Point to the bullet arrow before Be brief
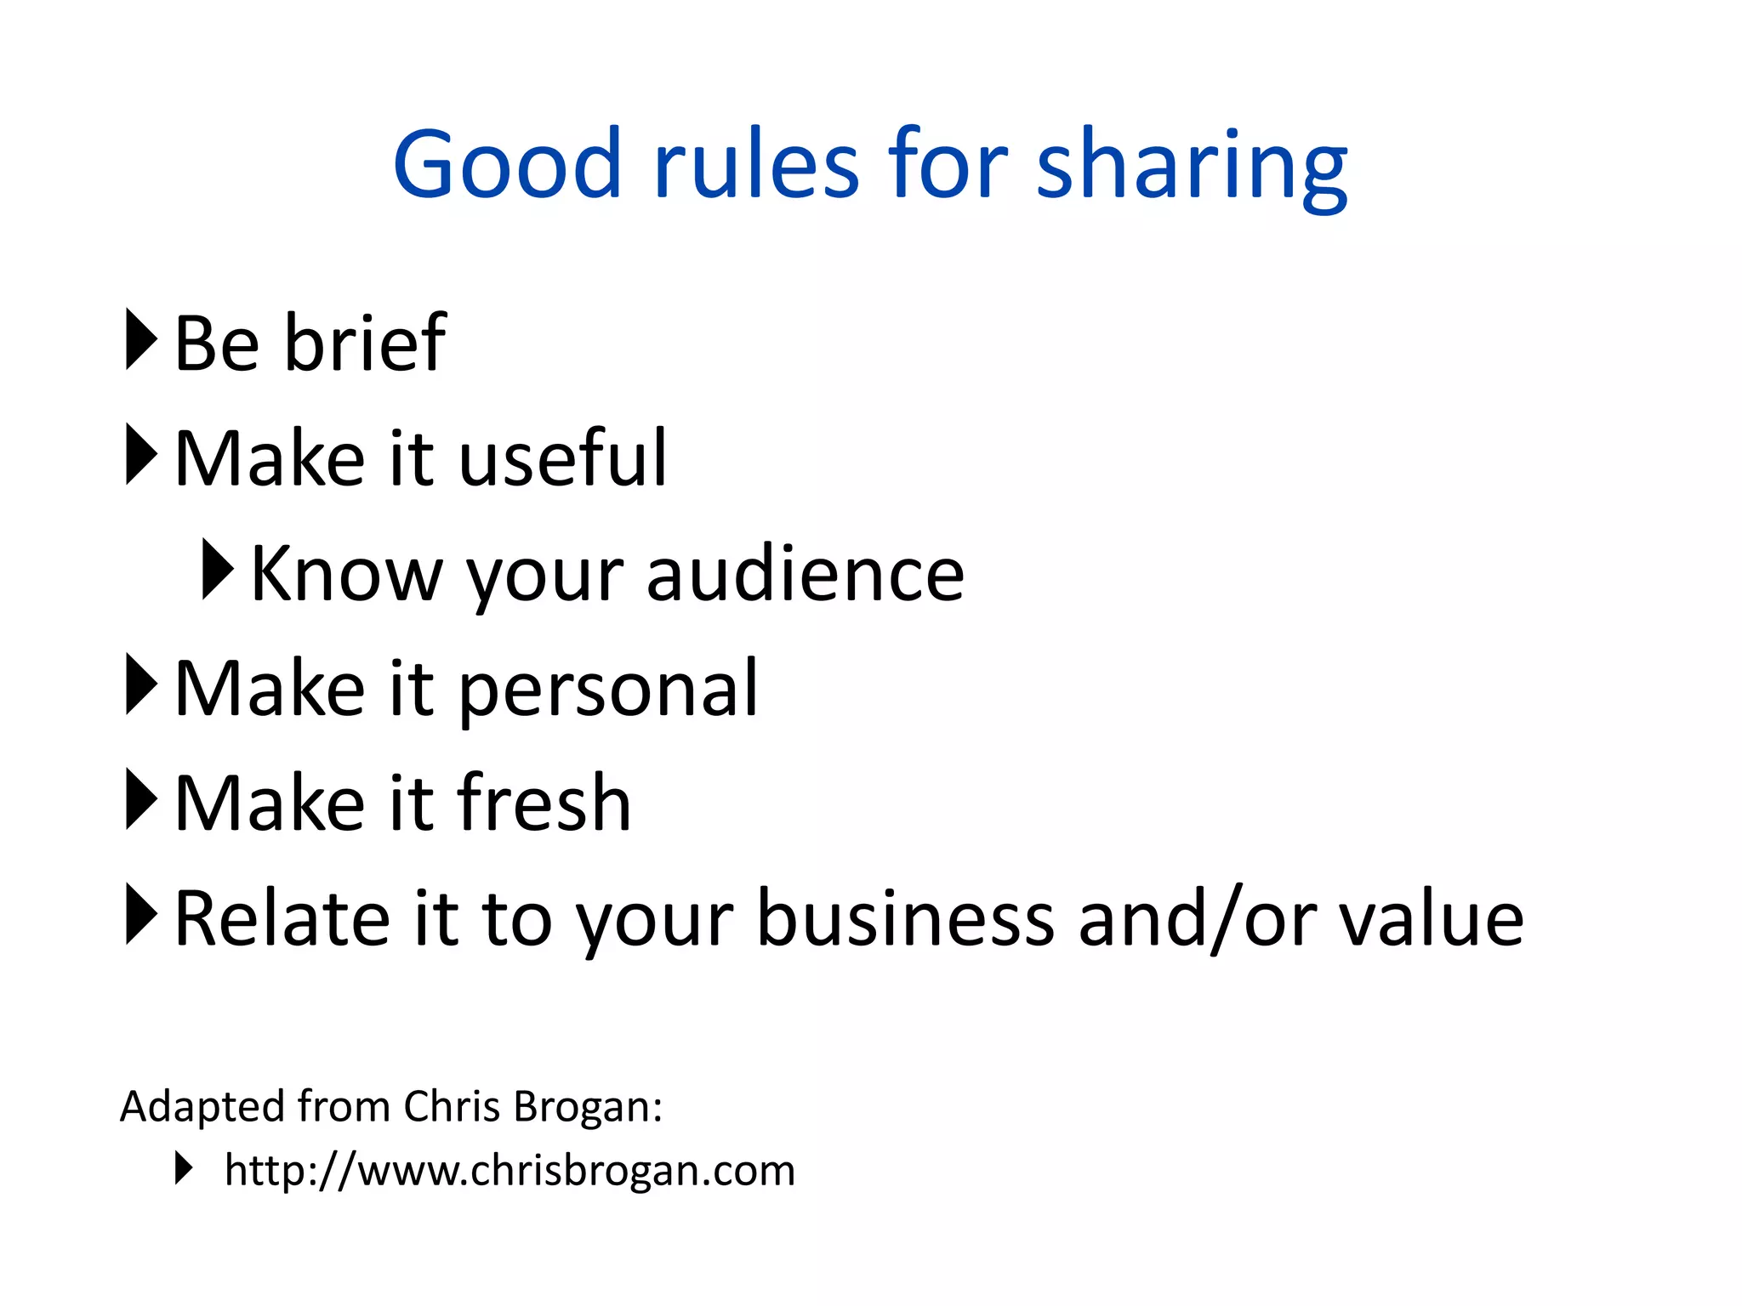pos(140,339)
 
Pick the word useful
pos(563,458)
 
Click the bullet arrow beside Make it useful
pos(140,454)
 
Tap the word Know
pos(347,575)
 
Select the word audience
pos(805,575)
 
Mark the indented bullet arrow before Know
pos(218,569)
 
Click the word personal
pos(608,690)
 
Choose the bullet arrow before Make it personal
pos(140,684)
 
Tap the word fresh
pos(544,803)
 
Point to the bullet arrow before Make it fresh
pos(140,798)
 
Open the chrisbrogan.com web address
pos(510,1171)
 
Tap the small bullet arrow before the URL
pos(184,1167)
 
